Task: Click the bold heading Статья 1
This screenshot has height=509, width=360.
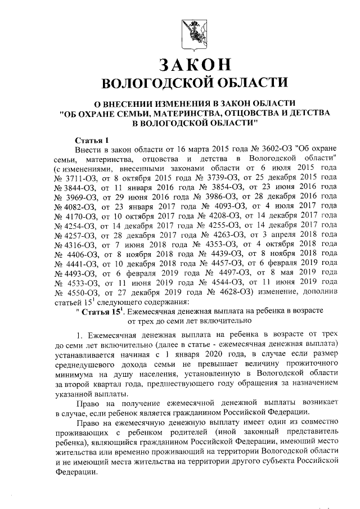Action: (x=90, y=139)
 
